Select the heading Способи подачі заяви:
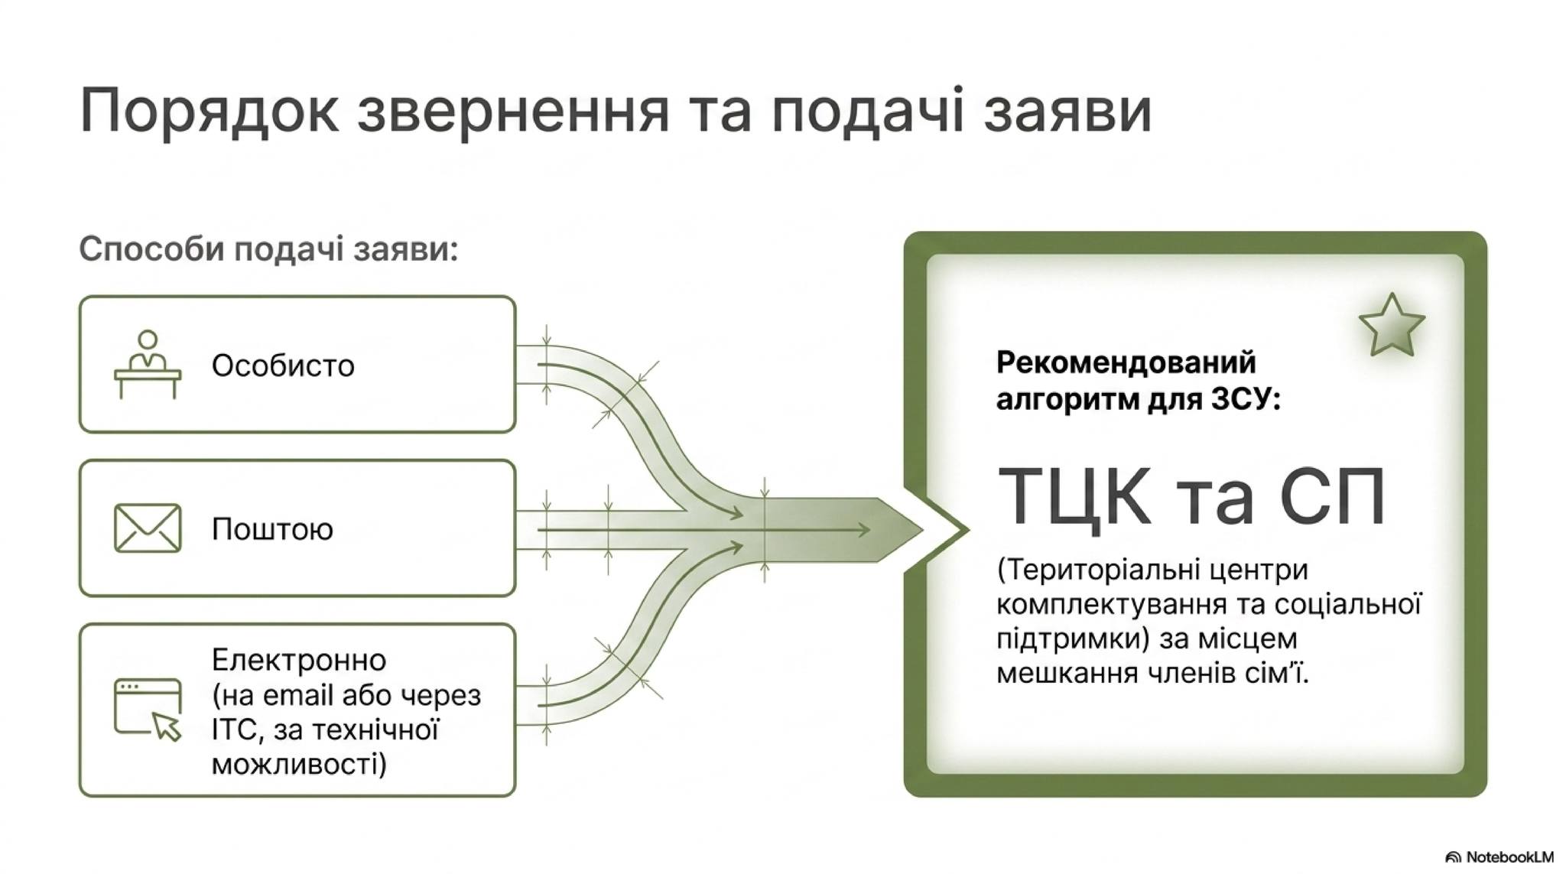tap(268, 249)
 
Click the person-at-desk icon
tap(148, 364)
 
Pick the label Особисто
tap(283, 366)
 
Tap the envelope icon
tap(148, 528)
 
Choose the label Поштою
tap(272, 529)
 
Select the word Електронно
tap(299, 660)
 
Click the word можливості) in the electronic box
tap(299, 764)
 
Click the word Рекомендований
tap(1126, 362)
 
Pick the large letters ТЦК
tap(1074, 496)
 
